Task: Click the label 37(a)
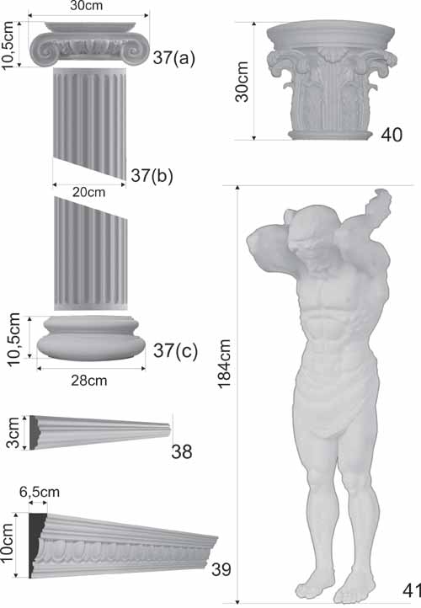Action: tap(174, 58)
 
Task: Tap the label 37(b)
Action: tap(152, 175)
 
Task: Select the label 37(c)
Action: tap(175, 350)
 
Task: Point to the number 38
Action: tap(182, 451)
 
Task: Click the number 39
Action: tap(221, 569)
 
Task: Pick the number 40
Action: tap(392, 135)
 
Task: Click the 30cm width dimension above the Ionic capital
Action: tap(87, 6)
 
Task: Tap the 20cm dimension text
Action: tap(88, 192)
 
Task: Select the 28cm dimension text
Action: tap(88, 381)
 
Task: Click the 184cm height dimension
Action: tap(224, 363)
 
